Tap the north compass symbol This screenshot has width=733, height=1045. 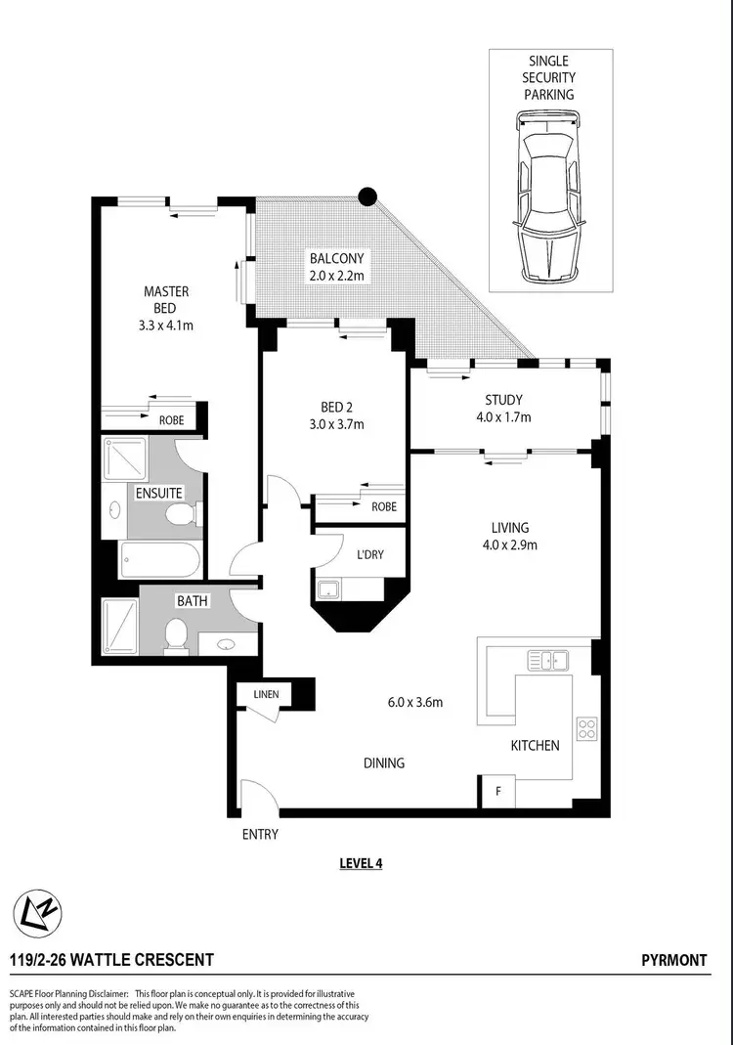pos(35,915)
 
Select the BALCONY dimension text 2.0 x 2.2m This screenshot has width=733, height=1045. pos(336,277)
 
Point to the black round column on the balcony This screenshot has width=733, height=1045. pos(367,196)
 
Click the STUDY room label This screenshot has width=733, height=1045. pos(503,400)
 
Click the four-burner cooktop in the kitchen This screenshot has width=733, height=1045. pos(588,727)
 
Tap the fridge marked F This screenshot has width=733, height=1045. pos(498,792)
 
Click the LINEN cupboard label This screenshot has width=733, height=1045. pos(266,695)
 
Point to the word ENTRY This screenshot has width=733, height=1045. pos(260,834)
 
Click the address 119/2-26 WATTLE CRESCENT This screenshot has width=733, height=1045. pos(111,961)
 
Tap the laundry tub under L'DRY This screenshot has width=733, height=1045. pos(327,588)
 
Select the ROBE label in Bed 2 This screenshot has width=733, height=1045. pos(384,507)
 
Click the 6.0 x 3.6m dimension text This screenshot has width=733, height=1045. pos(415,702)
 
